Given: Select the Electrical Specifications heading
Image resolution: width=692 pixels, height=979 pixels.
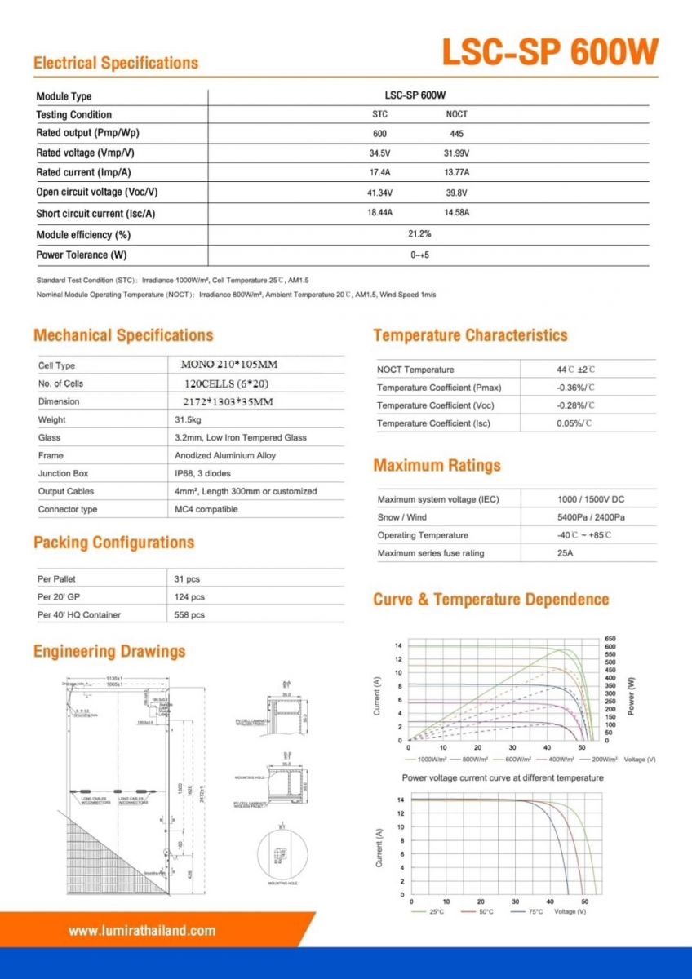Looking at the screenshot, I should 116,63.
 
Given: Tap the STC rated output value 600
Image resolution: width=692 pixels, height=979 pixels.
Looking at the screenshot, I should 379,133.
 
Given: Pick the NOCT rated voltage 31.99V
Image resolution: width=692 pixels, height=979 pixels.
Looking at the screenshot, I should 456,153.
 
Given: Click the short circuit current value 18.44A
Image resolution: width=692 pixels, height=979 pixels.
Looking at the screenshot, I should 379,212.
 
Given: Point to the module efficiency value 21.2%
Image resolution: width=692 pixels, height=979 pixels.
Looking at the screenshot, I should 419,233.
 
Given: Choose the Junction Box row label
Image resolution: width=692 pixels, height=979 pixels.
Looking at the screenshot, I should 63,473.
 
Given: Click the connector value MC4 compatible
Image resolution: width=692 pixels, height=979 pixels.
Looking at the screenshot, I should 206,509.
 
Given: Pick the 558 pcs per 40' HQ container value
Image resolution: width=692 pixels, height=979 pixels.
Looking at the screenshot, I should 189,615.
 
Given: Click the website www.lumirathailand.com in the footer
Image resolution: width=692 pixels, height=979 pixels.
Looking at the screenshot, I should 142,930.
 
